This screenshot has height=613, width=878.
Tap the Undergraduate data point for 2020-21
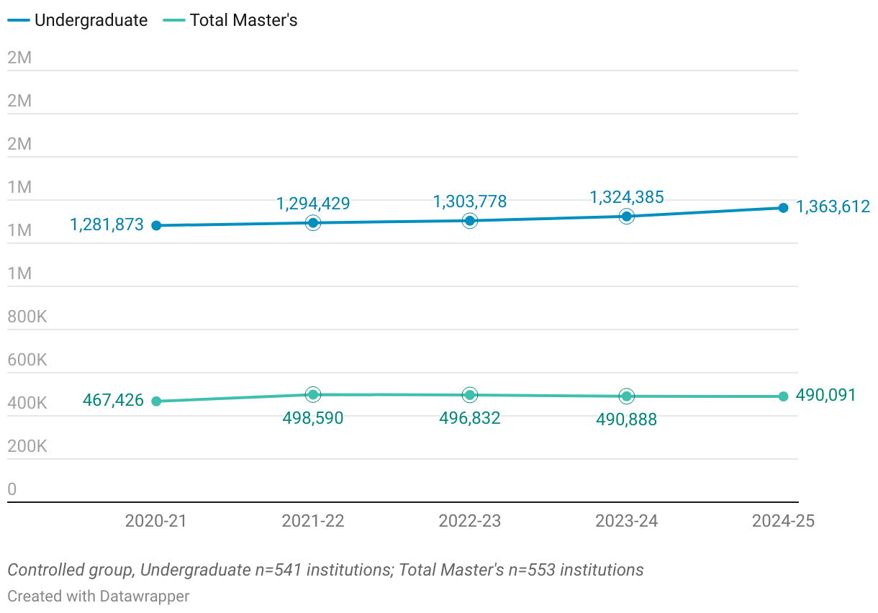pyautogui.click(x=156, y=225)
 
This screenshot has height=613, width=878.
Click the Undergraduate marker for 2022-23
pyautogui.click(x=470, y=221)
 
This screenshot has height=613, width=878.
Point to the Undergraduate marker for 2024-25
pyautogui.click(x=783, y=208)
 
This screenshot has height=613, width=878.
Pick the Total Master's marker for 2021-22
pyautogui.click(x=313, y=394)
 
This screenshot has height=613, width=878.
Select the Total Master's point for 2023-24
pyautogui.click(x=627, y=396)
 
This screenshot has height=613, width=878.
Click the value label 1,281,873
pyautogui.click(x=107, y=225)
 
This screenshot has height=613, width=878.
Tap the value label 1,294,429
pyautogui.click(x=313, y=204)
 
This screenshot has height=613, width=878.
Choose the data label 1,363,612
pyautogui.click(x=833, y=207)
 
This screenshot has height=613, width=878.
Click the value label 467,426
pyautogui.click(x=113, y=400)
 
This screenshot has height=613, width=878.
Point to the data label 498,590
pyautogui.click(x=313, y=418)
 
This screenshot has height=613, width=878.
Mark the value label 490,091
pyautogui.click(x=825, y=395)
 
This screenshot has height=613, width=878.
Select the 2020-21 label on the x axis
pyautogui.click(x=156, y=521)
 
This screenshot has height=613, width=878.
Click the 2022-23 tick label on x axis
pyautogui.click(x=470, y=521)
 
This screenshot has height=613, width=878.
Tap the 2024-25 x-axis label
pyautogui.click(x=783, y=521)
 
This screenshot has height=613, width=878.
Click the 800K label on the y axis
pyautogui.click(x=27, y=317)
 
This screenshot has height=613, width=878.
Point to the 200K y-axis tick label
pyautogui.click(x=27, y=446)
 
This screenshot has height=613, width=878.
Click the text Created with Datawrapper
pyautogui.click(x=99, y=596)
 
